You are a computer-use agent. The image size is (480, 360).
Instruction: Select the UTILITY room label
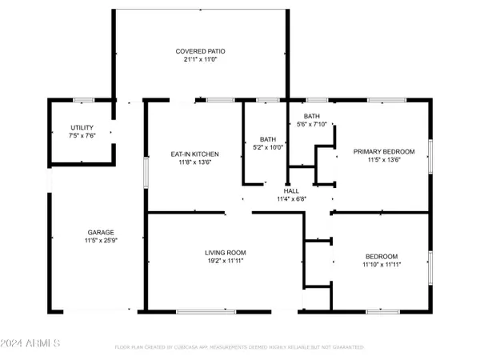point(82,127)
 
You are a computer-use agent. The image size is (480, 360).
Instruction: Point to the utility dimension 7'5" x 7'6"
point(82,135)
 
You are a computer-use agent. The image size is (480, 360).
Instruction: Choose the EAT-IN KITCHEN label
point(195,154)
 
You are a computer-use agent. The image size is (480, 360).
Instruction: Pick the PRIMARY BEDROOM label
point(385,151)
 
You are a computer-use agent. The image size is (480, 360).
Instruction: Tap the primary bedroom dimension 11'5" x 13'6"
point(385,159)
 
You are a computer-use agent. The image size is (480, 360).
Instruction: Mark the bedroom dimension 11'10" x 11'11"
point(381,264)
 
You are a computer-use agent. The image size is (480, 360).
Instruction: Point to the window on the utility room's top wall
point(83,100)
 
